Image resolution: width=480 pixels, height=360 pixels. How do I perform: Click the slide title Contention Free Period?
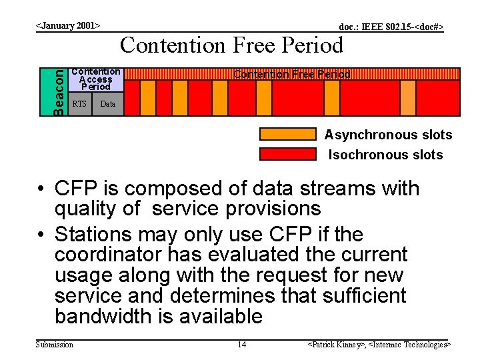click(231, 45)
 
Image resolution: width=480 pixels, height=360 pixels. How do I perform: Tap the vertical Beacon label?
click(60, 91)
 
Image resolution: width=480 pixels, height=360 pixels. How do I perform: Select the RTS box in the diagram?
click(79, 104)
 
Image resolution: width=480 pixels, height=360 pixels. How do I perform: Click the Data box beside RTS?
click(107, 104)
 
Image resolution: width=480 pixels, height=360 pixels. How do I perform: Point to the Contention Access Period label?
click(96, 79)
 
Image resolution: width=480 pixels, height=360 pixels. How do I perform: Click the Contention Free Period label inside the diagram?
click(291, 75)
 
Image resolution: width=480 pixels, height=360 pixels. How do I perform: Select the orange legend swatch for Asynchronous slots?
click(287, 134)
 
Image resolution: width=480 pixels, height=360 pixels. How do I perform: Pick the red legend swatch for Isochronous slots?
click(287, 154)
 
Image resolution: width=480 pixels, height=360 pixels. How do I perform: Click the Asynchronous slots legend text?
click(388, 135)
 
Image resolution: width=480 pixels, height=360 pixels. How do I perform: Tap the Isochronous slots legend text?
click(386, 155)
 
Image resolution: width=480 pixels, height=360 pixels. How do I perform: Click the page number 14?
click(241, 345)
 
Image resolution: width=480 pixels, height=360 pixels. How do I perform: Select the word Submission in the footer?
click(54, 345)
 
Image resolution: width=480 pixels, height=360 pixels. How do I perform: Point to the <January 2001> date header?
click(67, 26)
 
